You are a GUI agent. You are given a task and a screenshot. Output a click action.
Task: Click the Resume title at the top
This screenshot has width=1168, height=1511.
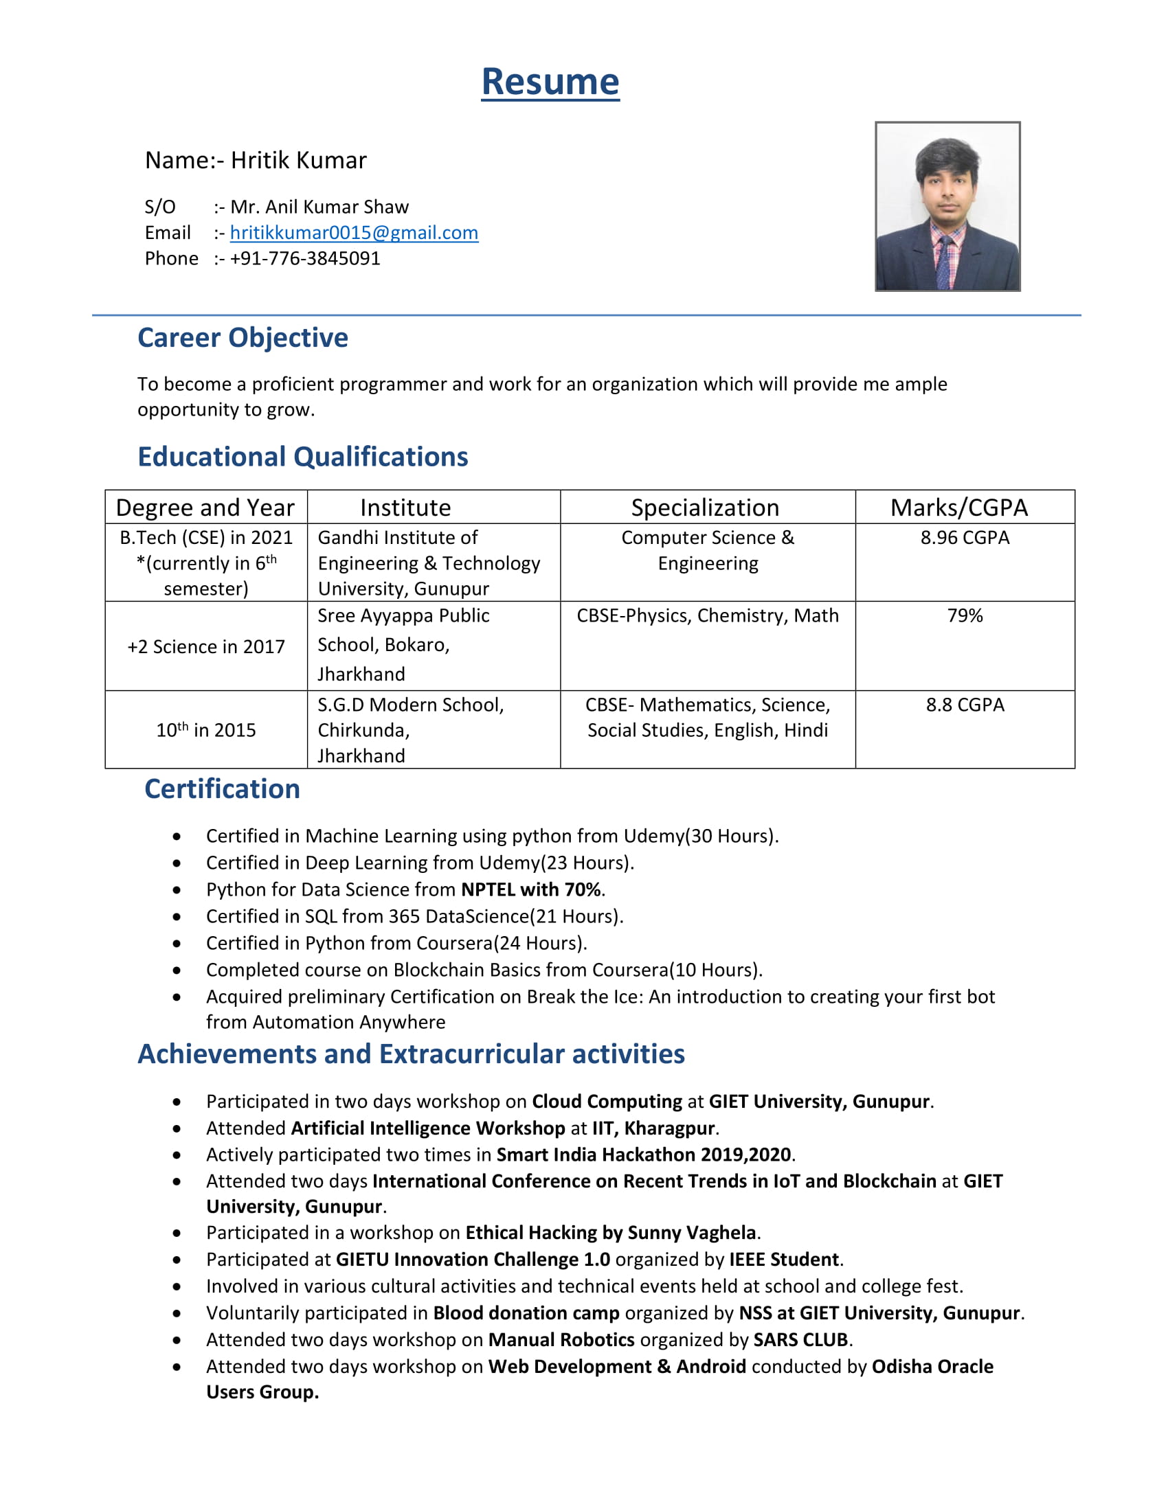[550, 82]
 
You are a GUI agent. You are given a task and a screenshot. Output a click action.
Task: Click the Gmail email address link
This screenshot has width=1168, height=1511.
[354, 232]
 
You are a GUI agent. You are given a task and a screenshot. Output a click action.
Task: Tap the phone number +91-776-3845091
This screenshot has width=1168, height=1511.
[304, 258]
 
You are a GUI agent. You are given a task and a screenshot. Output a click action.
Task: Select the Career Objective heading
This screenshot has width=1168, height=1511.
[242, 338]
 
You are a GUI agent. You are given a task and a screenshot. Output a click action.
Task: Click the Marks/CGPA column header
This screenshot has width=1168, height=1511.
[958, 507]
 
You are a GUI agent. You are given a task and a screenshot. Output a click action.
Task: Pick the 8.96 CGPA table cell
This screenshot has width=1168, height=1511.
[965, 538]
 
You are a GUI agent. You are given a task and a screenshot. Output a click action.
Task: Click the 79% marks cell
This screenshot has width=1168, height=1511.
[965, 615]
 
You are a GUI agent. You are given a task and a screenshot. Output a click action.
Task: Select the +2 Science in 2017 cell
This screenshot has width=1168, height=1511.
[206, 646]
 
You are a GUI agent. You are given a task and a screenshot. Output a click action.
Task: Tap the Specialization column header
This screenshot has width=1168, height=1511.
[704, 507]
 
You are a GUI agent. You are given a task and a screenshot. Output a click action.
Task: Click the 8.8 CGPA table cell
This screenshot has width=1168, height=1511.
[965, 704]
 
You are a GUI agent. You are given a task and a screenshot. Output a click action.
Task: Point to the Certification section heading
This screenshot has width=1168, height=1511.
[222, 788]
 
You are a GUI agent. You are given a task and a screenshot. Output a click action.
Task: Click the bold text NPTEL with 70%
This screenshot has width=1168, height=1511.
[530, 889]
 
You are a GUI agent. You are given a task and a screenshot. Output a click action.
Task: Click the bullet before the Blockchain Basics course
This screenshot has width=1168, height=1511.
[177, 970]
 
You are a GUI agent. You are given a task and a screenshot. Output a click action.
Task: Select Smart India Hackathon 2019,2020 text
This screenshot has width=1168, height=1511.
[644, 1154]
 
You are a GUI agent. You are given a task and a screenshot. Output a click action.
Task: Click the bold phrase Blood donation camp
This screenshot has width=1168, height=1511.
[526, 1313]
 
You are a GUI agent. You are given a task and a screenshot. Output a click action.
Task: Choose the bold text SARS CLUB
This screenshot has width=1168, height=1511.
[800, 1339]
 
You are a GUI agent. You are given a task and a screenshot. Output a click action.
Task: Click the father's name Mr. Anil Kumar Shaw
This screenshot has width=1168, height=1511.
[319, 207]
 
